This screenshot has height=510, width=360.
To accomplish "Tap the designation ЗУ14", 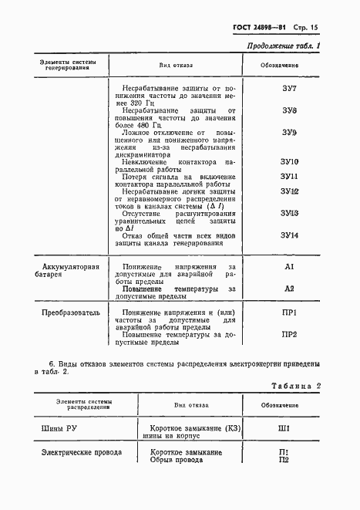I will tap(290, 235).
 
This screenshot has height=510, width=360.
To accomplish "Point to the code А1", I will tap(290, 266).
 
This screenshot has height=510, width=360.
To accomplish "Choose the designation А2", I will tap(290, 288).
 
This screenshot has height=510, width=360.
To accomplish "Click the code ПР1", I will tap(290, 312).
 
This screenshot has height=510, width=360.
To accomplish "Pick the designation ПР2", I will tap(290, 334).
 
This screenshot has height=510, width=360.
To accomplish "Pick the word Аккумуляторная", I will tap(70, 267).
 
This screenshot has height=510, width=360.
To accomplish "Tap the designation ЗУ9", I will tap(290, 133).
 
